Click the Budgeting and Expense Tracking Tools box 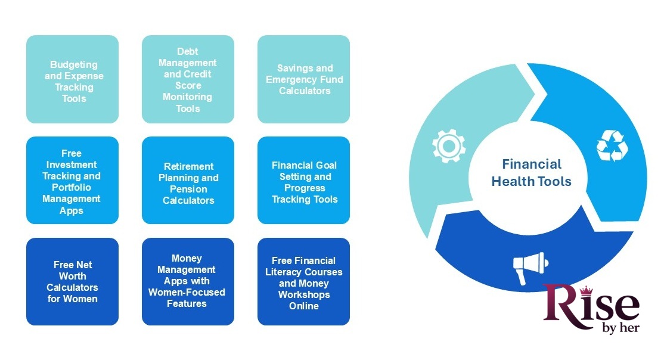coord(72,79)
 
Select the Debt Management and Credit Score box coord(188,79)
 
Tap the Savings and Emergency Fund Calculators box coord(303,79)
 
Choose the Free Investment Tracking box coord(72,181)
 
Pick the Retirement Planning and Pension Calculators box coord(188,181)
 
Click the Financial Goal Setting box coord(303,181)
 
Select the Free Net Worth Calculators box coord(72,282)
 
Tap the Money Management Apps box coord(188,282)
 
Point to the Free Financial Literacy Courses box coord(303,282)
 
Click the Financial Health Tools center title coord(531,173)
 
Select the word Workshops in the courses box coord(303,294)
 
